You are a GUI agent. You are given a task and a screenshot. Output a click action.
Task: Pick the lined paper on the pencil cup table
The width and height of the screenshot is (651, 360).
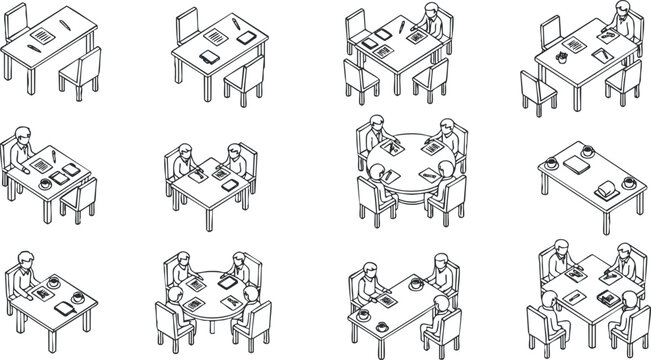[x=574, y=44]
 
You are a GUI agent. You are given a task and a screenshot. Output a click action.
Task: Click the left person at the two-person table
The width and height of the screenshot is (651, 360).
[x=184, y=160]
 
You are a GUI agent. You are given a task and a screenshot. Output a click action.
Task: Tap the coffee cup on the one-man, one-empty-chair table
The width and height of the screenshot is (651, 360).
[x=47, y=184]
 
